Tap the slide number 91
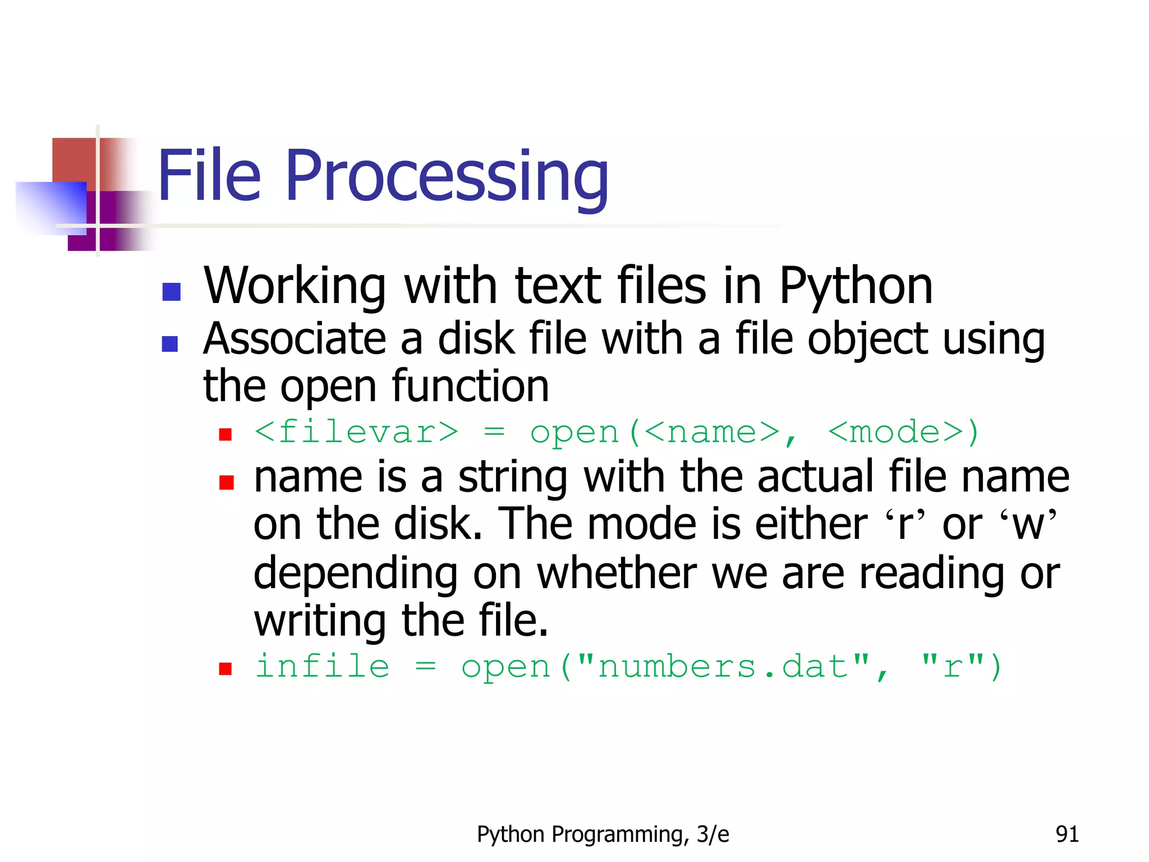[1067, 835]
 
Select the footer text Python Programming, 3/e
[603, 835]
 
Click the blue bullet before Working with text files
[171, 292]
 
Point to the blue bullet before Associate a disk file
[169, 343]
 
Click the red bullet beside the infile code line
[226, 668]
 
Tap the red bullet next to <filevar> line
[226, 434]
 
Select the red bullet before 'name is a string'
[226, 482]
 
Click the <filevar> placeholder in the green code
[356, 433]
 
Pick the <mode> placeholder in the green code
[895, 433]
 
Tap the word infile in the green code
[322, 667]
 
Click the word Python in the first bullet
[856, 286]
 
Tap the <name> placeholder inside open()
[712, 433]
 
